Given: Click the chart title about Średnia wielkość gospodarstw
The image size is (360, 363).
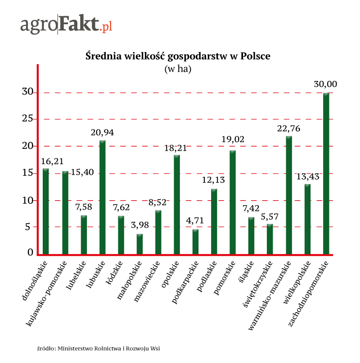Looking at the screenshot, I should [x=178, y=56].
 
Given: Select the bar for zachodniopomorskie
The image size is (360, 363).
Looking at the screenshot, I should [x=326, y=174].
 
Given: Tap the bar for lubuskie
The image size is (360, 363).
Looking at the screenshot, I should [x=103, y=198].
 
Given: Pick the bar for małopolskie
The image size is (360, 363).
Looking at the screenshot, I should [x=139, y=244].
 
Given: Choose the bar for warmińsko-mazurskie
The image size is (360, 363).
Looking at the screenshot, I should [x=289, y=196].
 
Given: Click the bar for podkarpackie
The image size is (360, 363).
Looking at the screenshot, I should [x=195, y=242].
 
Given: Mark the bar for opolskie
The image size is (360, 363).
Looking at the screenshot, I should [x=177, y=205].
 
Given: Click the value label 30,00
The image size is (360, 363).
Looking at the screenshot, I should [x=326, y=85].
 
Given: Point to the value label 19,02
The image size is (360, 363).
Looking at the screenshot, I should [x=233, y=139].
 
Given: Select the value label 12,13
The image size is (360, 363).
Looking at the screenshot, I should [x=214, y=180].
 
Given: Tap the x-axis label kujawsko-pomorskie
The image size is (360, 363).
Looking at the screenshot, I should [x=48, y=292].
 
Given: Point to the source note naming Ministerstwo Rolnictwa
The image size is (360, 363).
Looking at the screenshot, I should [x=99, y=348].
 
